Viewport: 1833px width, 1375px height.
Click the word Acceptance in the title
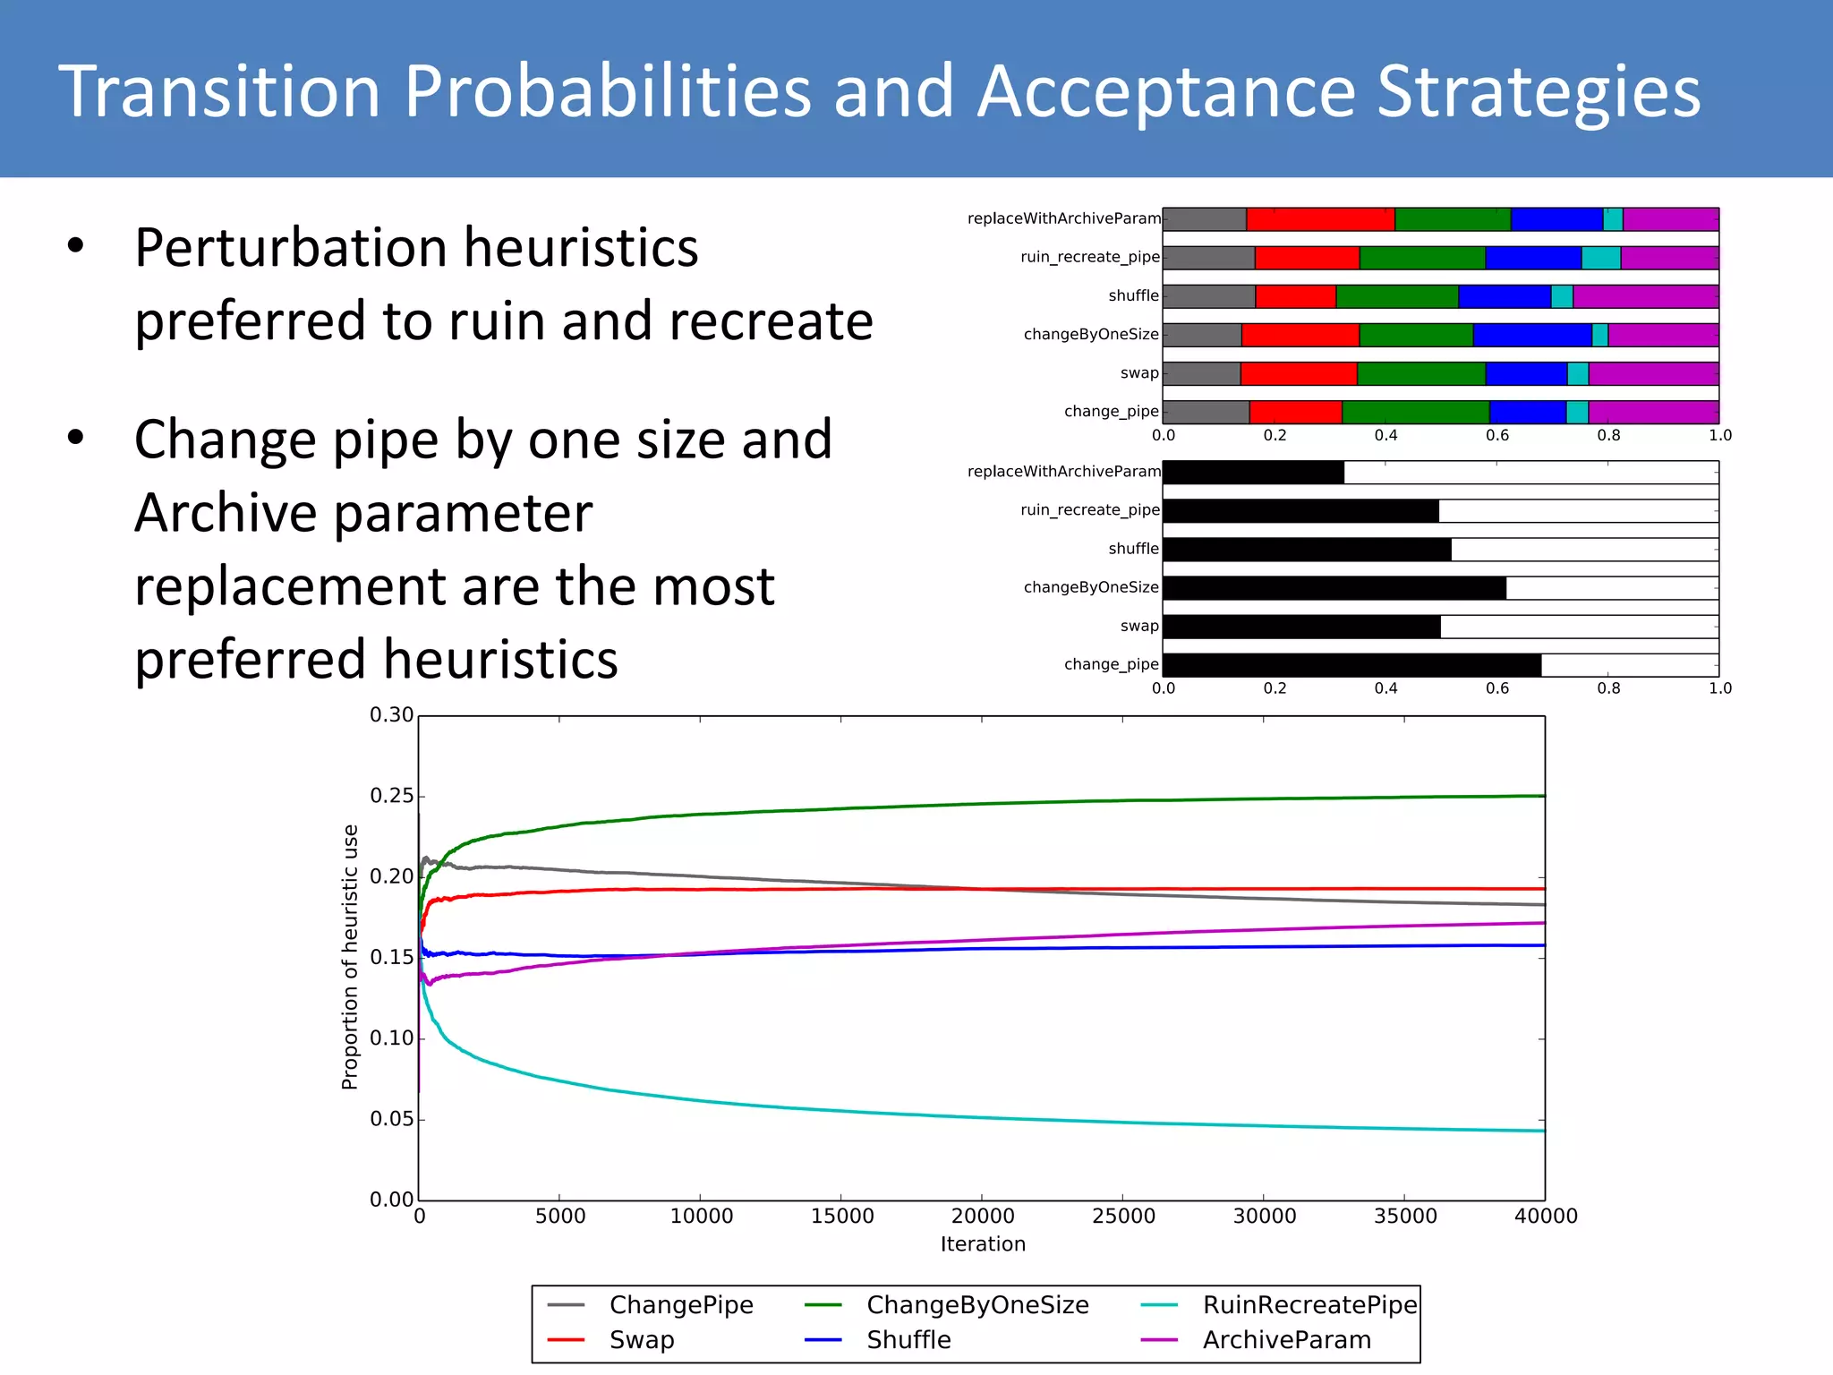(x=1165, y=91)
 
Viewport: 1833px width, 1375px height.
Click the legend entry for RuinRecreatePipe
(x=1309, y=1305)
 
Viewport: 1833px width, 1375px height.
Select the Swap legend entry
(x=642, y=1340)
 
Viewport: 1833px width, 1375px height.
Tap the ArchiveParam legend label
(x=1286, y=1340)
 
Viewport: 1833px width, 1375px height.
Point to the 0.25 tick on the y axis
(x=391, y=796)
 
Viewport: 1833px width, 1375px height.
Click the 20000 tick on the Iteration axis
(x=982, y=1216)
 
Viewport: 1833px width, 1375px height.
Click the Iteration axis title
(x=983, y=1244)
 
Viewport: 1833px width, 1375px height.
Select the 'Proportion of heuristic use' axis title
(x=350, y=957)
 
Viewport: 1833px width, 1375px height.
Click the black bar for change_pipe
(x=1351, y=665)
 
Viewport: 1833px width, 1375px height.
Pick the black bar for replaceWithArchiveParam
(x=1253, y=473)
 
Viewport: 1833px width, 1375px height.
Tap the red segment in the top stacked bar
(x=1320, y=219)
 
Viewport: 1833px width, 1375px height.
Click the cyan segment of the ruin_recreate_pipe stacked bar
(x=1600, y=258)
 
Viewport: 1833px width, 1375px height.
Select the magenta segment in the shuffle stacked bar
(x=1645, y=296)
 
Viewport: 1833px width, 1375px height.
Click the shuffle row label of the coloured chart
(x=1133, y=296)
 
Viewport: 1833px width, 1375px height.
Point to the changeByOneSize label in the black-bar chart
(x=1090, y=587)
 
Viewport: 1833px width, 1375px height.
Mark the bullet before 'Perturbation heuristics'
(x=75, y=246)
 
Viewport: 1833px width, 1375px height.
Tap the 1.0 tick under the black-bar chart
(x=1719, y=688)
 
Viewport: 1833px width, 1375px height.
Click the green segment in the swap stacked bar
(x=1420, y=373)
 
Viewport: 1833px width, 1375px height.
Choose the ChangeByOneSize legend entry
(x=976, y=1305)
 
